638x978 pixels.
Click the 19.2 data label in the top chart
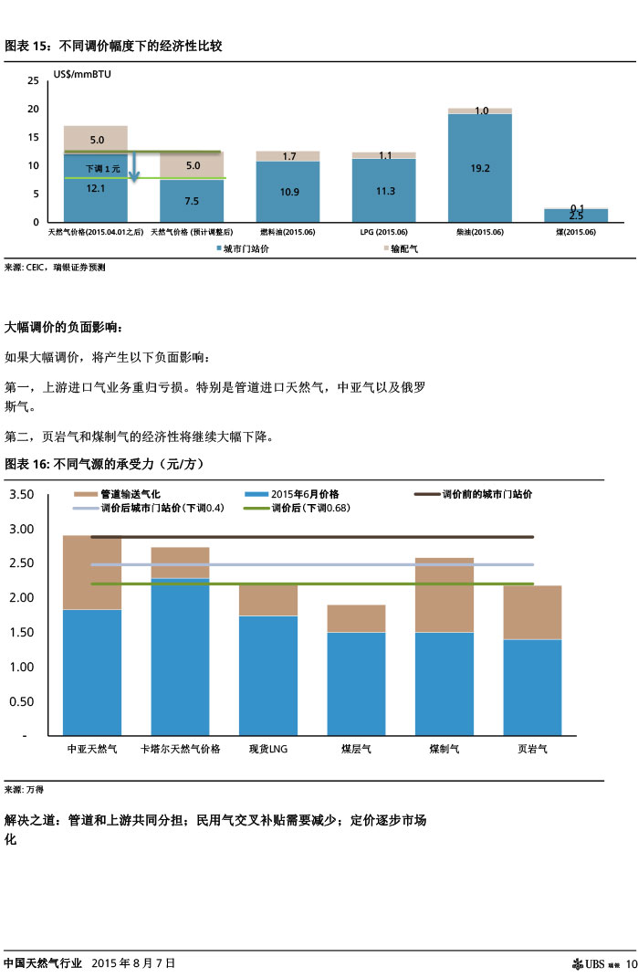tap(480, 168)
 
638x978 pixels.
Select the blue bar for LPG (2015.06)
tap(383, 190)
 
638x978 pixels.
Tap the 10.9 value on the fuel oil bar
tap(288, 192)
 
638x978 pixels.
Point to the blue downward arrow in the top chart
tap(132, 166)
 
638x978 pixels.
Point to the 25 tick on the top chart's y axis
tap(33, 81)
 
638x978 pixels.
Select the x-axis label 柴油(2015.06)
tap(479, 233)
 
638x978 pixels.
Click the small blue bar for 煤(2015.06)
tap(576, 216)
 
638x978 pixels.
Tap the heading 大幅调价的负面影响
tap(63, 327)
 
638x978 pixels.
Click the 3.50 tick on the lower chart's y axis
tap(21, 495)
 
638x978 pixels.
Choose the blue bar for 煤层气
tap(356, 683)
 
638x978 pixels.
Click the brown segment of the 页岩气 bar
tap(533, 612)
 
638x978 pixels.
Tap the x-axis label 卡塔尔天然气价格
tap(180, 749)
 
